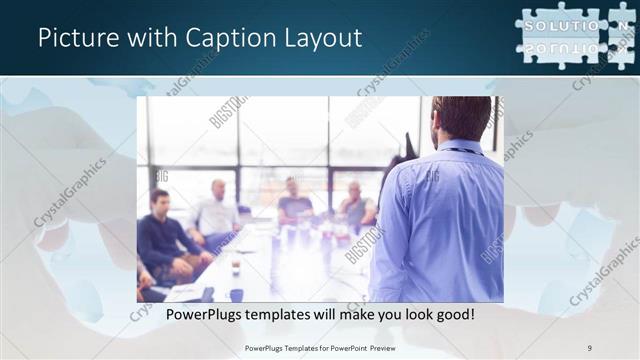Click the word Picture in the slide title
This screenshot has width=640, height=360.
(x=74, y=38)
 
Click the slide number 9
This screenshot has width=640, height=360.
(x=590, y=347)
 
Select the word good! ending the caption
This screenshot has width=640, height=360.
(x=452, y=314)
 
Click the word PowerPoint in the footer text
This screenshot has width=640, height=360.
(x=349, y=347)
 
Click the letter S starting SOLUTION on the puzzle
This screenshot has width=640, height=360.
(x=532, y=25)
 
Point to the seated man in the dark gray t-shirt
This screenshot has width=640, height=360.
(x=295, y=204)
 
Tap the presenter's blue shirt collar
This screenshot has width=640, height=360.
(x=461, y=146)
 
